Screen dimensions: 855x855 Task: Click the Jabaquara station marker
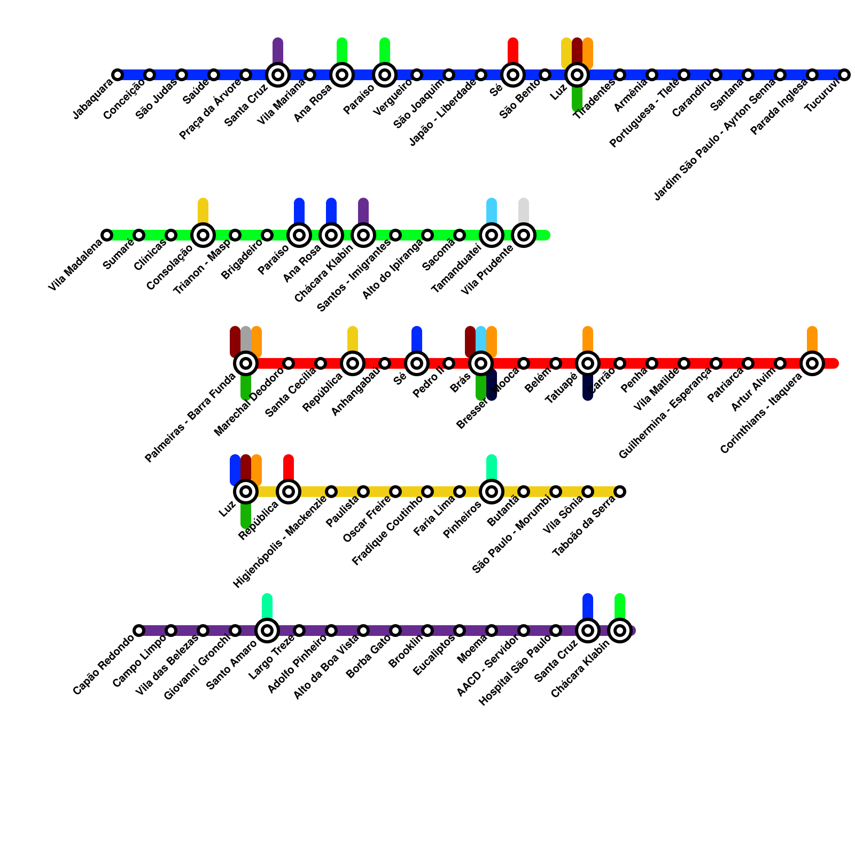(118, 75)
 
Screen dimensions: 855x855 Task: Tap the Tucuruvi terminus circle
(844, 75)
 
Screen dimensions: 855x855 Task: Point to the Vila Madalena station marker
(107, 235)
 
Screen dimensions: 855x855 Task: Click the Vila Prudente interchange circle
(524, 235)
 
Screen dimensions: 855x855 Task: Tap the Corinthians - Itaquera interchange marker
(812, 363)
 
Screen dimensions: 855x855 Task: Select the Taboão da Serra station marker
(620, 492)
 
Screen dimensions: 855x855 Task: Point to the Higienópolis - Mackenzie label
(280, 542)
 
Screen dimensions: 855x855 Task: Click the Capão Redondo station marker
(139, 631)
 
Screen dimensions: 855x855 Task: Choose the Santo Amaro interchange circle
(267, 631)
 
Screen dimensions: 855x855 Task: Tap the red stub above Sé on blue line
(513, 50)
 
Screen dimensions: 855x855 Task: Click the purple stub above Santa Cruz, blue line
(278, 50)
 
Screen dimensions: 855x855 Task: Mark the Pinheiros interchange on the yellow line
(492, 492)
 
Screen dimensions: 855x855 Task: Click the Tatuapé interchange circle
(588, 363)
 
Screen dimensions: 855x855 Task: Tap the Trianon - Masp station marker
(235, 235)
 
